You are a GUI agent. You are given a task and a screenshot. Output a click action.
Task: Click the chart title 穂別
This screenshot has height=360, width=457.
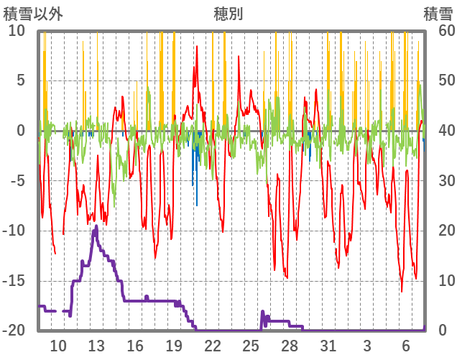pos(228,14)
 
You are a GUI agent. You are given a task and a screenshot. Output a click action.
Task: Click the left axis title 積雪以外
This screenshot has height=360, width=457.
pos(29,14)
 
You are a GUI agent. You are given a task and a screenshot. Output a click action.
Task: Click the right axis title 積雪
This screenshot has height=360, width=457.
pos(438,14)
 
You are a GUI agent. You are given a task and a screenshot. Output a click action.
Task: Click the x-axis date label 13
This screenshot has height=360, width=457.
pos(96,346)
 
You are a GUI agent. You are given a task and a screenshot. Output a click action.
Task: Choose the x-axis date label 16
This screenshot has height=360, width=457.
pos(135,346)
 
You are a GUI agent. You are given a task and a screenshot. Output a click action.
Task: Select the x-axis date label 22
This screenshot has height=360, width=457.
pos(213,346)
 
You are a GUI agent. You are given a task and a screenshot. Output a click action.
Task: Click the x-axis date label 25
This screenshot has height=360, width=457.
pos(251,346)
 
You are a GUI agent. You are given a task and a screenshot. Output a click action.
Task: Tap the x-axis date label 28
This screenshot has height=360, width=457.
pos(290,346)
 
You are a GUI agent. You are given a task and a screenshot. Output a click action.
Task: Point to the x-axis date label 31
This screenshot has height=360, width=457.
pos(328,346)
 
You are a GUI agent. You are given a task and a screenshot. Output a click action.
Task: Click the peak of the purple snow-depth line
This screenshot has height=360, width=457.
pos(96,227)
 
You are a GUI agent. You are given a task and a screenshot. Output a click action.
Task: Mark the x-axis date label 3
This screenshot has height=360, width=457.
pos(367,346)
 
